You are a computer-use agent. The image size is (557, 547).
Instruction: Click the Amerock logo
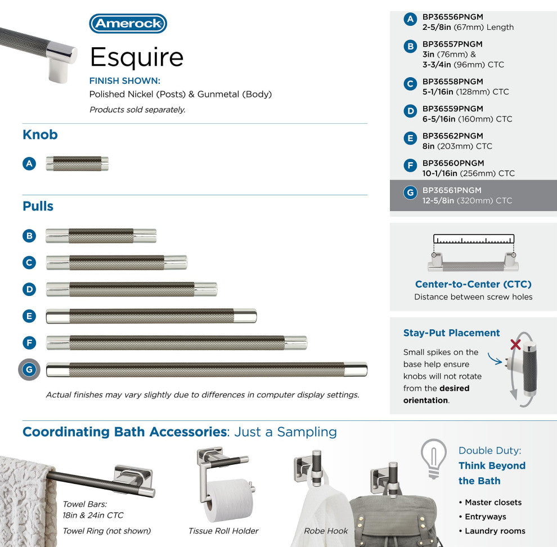128,24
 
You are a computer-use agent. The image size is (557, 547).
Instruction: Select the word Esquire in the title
137,57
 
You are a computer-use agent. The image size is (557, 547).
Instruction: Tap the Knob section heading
40,135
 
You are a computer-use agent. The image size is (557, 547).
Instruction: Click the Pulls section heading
38,207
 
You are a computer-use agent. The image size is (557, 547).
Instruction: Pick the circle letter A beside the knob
29,164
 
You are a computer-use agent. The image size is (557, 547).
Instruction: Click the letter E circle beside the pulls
29,316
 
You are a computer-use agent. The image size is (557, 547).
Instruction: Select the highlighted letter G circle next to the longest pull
29,370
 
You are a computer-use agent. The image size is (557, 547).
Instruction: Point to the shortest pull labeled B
101,236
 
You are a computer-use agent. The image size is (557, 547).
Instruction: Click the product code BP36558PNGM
452,82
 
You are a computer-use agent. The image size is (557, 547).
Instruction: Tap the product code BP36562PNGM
452,136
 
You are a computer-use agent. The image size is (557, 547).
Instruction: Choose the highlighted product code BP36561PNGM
452,190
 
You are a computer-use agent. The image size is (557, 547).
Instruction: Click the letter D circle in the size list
410,111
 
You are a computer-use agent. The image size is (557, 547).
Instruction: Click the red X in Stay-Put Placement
514,344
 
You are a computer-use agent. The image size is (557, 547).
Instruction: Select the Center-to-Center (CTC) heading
473,284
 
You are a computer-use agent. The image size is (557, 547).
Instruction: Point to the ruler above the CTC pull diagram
474,239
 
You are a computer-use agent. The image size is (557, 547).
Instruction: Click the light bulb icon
434,457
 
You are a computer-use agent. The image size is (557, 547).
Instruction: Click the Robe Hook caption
326,531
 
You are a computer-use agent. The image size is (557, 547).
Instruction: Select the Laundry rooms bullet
495,531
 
